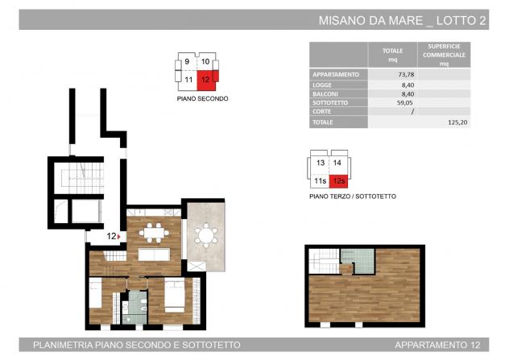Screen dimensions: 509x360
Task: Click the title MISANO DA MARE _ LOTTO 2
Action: tap(402, 20)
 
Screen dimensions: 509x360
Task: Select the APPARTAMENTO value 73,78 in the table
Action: tap(406, 74)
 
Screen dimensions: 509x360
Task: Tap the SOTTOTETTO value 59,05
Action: tap(405, 102)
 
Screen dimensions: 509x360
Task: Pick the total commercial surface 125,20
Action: tap(457, 122)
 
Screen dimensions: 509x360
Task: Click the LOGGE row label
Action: tap(322, 85)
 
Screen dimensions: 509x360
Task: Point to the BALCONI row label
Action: tap(325, 94)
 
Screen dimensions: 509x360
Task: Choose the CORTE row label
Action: tap(321, 111)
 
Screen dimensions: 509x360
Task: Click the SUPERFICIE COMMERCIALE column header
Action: tap(444, 55)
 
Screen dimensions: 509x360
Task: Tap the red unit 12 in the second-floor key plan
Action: tap(207, 80)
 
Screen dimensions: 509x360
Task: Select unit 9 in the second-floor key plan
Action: tap(187, 61)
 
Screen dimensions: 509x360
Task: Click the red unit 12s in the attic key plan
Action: tap(338, 181)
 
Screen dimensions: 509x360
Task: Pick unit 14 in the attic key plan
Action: tap(337, 163)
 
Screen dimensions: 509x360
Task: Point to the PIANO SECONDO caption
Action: tap(202, 99)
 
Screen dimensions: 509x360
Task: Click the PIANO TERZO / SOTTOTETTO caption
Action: tap(353, 197)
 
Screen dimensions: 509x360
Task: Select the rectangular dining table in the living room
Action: tap(154, 233)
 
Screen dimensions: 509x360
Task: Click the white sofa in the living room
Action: tap(154, 254)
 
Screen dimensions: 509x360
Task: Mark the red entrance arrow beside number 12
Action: tap(119, 237)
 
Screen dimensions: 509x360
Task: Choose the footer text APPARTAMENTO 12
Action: tap(437, 345)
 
